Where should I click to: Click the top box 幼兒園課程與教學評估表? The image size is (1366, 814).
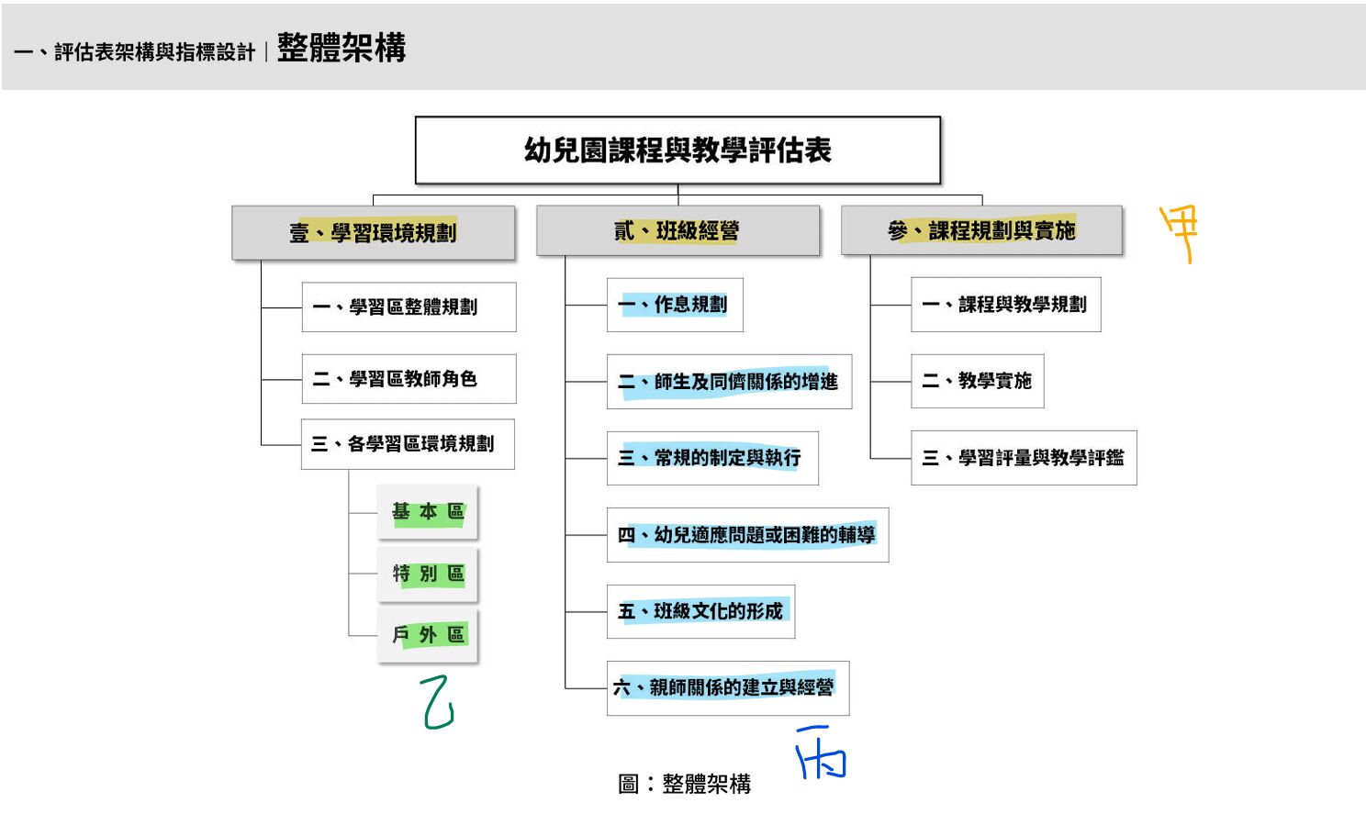pos(677,151)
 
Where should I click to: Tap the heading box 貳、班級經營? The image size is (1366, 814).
pos(677,231)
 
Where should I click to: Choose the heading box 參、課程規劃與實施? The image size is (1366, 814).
pos(981,230)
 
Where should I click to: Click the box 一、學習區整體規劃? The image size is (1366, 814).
pos(409,307)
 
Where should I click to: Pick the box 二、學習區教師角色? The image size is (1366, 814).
pos(409,379)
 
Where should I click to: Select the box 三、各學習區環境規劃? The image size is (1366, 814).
pos(408,444)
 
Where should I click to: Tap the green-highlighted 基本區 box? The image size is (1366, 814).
pos(428,512)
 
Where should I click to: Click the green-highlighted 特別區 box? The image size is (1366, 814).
pos(428,574)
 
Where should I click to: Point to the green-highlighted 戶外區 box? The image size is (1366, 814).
pos(428,635)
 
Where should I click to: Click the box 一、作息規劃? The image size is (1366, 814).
pos(675,305)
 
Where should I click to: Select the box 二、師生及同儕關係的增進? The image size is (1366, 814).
pos(729,382)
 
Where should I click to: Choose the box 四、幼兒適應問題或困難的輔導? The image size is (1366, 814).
pos(747,535)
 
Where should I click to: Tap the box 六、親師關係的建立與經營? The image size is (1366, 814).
pos(727,687)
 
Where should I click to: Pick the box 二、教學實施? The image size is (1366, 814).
pos(977,381)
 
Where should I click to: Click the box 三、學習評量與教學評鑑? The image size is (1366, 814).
pos(1024,458)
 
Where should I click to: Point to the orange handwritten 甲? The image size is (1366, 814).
pos(1180,232)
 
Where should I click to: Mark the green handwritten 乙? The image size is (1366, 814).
pos(437,703)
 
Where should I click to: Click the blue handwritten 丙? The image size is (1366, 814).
pos(821,753)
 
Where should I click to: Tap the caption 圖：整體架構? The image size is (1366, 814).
pos(685,784)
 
